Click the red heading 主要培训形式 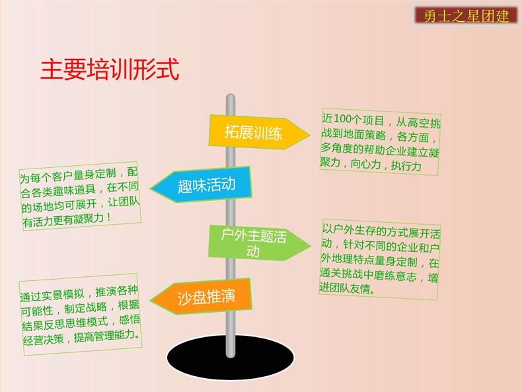(110, 69)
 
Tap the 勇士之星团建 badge (466, 16)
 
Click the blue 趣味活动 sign (201, 185)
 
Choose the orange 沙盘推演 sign (201, 297)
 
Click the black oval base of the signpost (231, 358)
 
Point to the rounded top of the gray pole (231, 96)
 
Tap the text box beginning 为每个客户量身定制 (80, 196)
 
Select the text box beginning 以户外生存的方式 (380, 260)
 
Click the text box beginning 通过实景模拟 (81, 315)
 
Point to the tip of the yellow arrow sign (310, 136)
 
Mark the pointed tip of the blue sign (151, 188)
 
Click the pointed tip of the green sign (311, 247)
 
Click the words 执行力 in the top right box (406, 165)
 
